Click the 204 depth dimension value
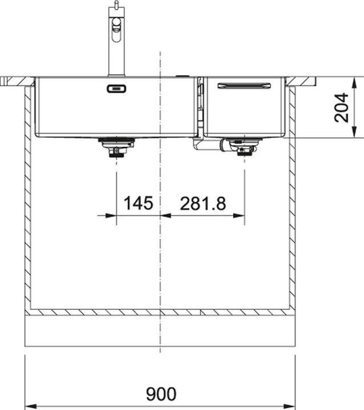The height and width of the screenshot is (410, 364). point(341,107)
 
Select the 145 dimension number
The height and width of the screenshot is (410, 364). point(138,203)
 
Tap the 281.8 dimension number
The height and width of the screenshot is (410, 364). point(203,204)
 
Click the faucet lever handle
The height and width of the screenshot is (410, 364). point(116,30)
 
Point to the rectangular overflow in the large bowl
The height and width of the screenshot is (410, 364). point(116,89)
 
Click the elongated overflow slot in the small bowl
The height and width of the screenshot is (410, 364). point(244,86)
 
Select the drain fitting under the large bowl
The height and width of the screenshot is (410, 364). point(116,147)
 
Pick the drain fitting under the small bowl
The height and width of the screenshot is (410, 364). point(245,147)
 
